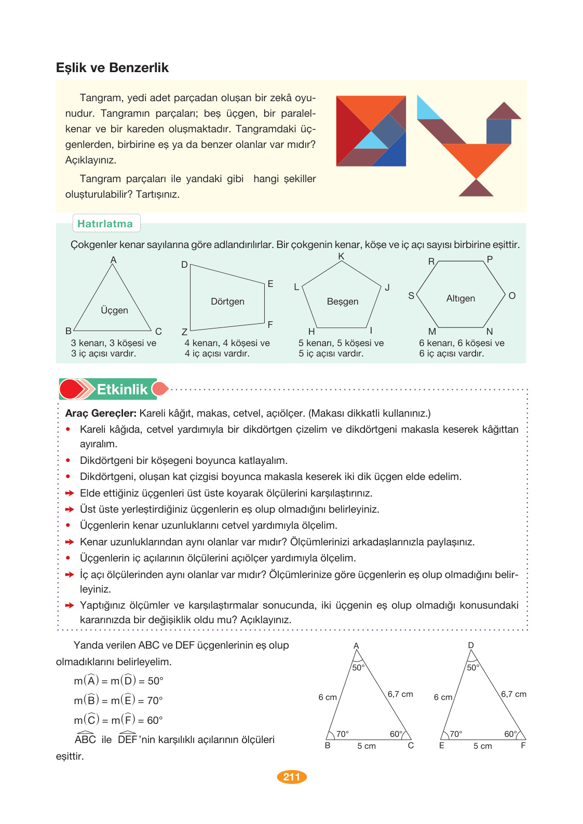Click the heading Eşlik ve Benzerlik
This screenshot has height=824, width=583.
pyautogui.click(x=112, y=68)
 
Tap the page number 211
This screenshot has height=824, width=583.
pyautogui.click(x=292, y=777)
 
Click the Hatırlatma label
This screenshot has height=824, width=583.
pyautogui.click(x=105, y=224)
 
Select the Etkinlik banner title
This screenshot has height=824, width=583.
pyautogui.click(x=122, y=389)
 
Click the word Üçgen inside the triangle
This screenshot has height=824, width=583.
pyautogui.click(x=114, y=310)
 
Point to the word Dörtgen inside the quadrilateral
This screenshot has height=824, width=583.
pyautogui.click(x=227, y=301)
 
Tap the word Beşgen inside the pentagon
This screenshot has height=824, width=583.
pyautogui.click(x=343, y=301)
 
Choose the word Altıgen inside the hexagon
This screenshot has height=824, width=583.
pyautogui.click(x=460, y=298)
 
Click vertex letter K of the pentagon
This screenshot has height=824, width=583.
pyautogui.click(x=341, y=256)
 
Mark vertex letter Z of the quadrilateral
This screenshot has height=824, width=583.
pyautogui.click(x=184, y=332)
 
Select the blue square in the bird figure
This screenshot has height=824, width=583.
pyautogui.click(x=498, y=131)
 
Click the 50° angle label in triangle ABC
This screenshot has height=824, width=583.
pyautogui.click(x=358, y=668)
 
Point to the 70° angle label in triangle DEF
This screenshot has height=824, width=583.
pyautogui.click(x=456, y=734)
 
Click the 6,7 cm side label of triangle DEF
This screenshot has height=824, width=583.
pyautogui.click(x=513, y=694)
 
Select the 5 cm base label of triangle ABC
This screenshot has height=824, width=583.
pyautogui.click(x=367, y=746)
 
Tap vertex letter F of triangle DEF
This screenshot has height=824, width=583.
pyautogui.click(x=523, y=746)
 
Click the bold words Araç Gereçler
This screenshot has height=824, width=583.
pyautogui.click(x=101, y=414)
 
